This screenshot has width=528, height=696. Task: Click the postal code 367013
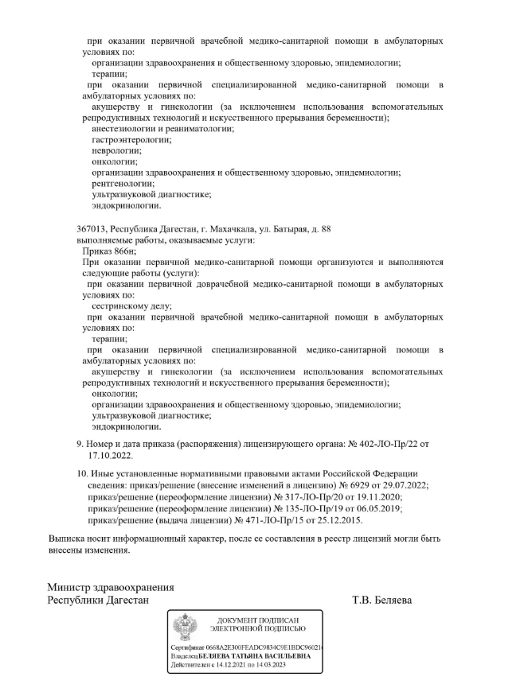tap(90, 228)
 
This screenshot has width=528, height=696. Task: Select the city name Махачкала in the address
tap(216, 228)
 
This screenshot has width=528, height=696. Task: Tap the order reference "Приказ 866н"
tap(115, 250)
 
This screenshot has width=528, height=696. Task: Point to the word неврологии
tap(116, 150)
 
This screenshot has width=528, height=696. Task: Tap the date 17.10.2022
tap(111, 457)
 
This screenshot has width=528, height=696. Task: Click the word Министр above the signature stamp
tap(73, 588)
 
